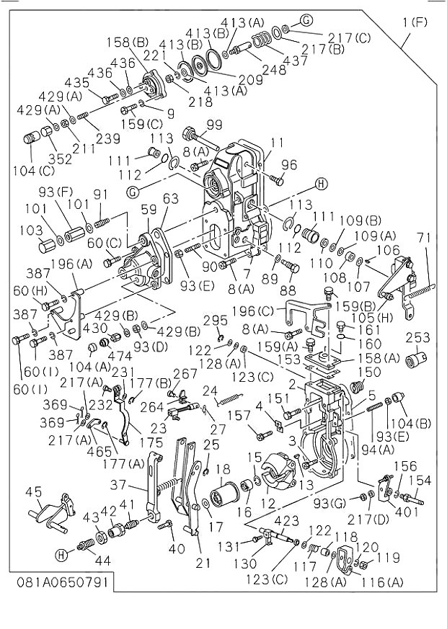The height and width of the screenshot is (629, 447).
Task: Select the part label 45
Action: (x=33, y=492)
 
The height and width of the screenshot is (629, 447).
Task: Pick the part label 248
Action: (x=274, y=71)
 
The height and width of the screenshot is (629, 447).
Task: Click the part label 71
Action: (x=422, y=238)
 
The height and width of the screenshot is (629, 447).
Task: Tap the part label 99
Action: (x=214, y=125)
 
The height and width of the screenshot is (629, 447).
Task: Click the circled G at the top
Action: (x=306, y=19)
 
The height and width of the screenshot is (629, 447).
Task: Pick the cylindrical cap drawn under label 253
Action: (x=416, y=359)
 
